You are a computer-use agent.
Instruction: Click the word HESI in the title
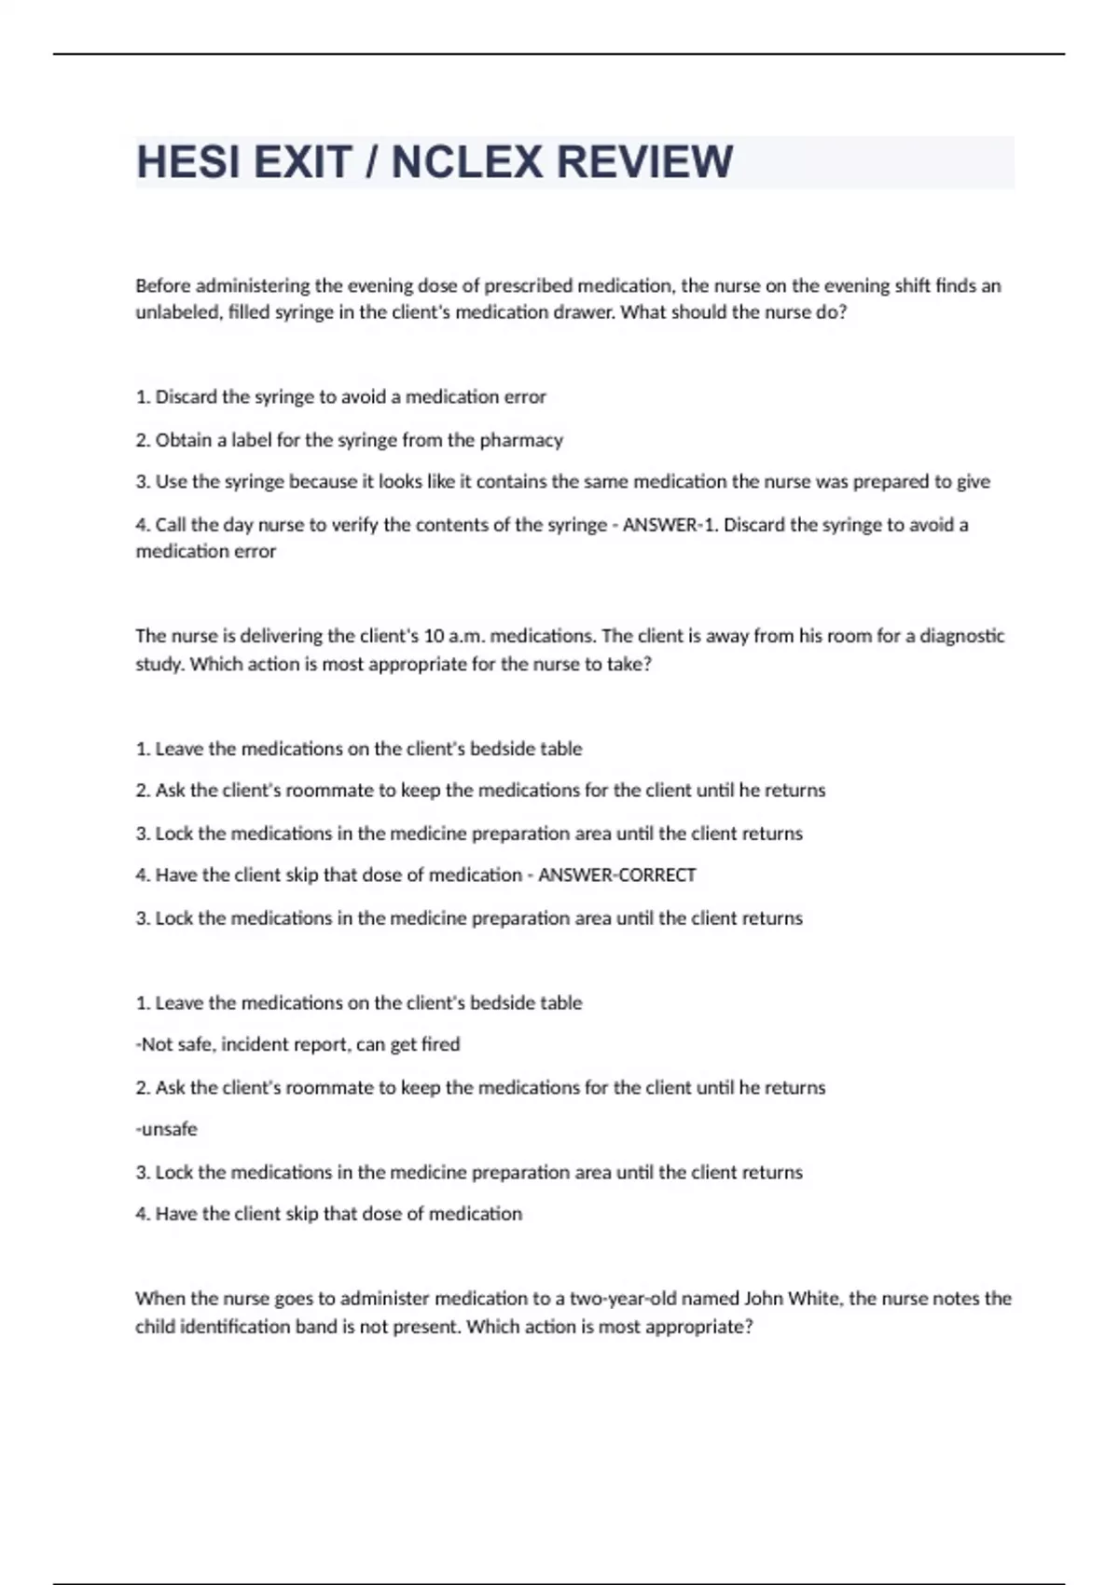[x=188, y=162]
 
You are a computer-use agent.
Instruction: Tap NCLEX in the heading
[x=466, y=162]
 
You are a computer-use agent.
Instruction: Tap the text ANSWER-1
[x=670, y=525]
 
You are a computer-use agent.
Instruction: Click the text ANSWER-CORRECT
[x=617, y=875]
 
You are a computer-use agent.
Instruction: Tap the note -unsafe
[x=166, y=1129]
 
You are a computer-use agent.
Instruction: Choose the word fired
[x=440, y=1044]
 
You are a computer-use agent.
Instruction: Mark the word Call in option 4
[x=170, y=525]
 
